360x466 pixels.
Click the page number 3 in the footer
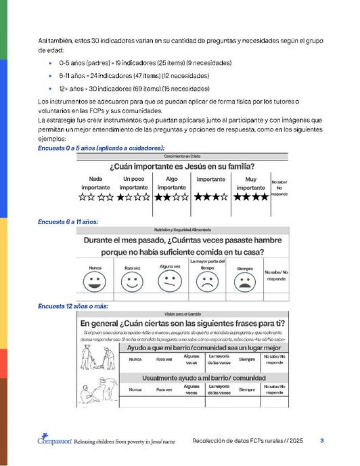(322, 441)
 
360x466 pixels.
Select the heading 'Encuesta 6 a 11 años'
(68, 221)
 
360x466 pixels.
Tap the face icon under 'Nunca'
(95, 281)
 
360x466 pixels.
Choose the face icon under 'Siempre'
(244, 281)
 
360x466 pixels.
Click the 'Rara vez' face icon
(133, 281)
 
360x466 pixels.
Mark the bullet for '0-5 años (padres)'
(51, 62)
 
